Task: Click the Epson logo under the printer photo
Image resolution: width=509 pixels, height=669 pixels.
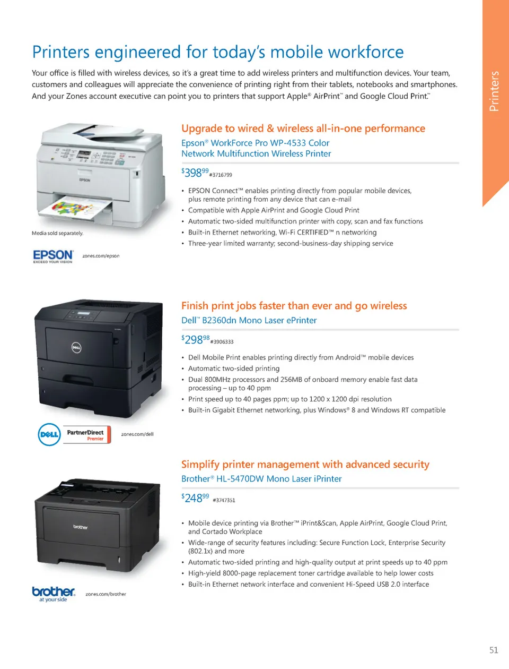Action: point(53,256)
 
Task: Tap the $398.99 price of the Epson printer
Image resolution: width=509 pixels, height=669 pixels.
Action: point(195,173)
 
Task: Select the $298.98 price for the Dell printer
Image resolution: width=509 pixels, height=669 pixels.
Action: point(195,339)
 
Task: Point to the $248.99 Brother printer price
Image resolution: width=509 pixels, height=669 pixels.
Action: point(195,498)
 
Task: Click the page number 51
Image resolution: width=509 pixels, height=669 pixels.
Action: point(494,650)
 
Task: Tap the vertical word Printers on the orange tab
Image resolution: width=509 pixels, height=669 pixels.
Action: point(494,91)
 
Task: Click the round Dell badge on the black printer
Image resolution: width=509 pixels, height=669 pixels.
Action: point(76,348)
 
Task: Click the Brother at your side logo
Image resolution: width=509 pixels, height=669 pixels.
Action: point(54,594)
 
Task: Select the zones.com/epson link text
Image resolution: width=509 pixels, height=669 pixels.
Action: point(101,256)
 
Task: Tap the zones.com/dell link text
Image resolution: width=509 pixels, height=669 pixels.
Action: point(137,434)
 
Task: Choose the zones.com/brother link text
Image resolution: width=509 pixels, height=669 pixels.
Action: point(106,594)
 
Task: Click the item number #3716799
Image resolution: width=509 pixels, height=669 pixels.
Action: point(221,175)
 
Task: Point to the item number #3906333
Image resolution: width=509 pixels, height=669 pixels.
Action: point(222,342)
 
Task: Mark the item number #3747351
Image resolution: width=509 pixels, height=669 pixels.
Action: point(224,500)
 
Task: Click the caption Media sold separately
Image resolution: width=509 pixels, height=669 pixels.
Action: point(57,233)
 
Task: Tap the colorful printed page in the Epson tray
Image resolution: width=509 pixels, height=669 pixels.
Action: point(80,207)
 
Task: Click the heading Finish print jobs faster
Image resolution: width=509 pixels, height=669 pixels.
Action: point(294,306)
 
